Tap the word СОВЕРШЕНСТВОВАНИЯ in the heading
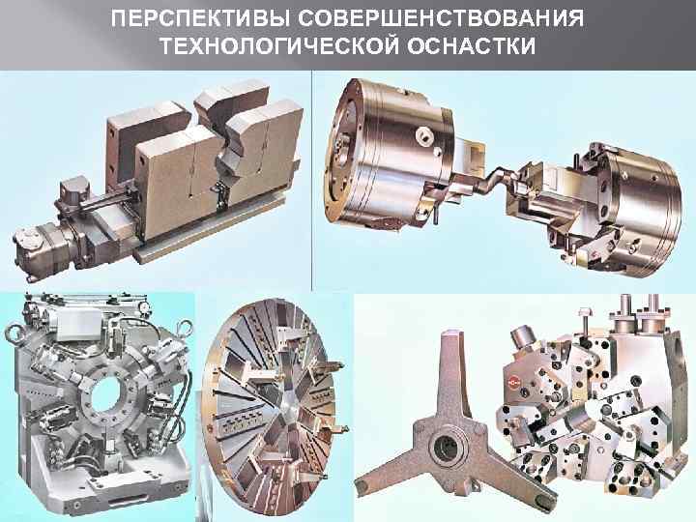tap(441, 18)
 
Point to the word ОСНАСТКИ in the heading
tap(472, 45)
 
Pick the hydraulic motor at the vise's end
tap(43, 248)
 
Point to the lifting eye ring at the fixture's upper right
tap(183, 329)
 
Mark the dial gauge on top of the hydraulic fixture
tap(142, 306)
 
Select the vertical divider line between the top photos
tap(312, 181)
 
